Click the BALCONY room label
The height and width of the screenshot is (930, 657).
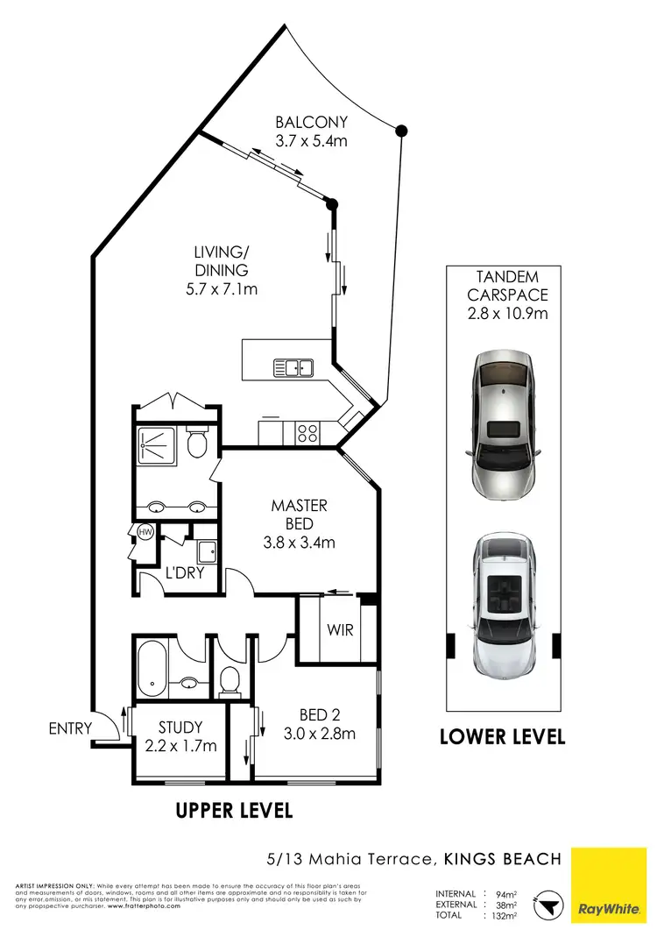[x=311, y=123]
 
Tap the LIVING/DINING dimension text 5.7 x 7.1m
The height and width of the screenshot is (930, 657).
[x=222, y=288]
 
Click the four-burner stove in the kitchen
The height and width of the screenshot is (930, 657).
[x=308, y=432]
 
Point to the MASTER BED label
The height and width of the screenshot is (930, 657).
[x=299, y=515]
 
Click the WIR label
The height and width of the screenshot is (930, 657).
[x=340, y=629]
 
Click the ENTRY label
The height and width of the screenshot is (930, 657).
[x=69, y=728]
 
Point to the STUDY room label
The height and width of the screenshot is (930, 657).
[x=180, y=728]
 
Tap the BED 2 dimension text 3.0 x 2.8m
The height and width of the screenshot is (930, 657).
[x=318, y=734]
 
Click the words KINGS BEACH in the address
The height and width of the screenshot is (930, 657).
[x=503, y=858]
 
